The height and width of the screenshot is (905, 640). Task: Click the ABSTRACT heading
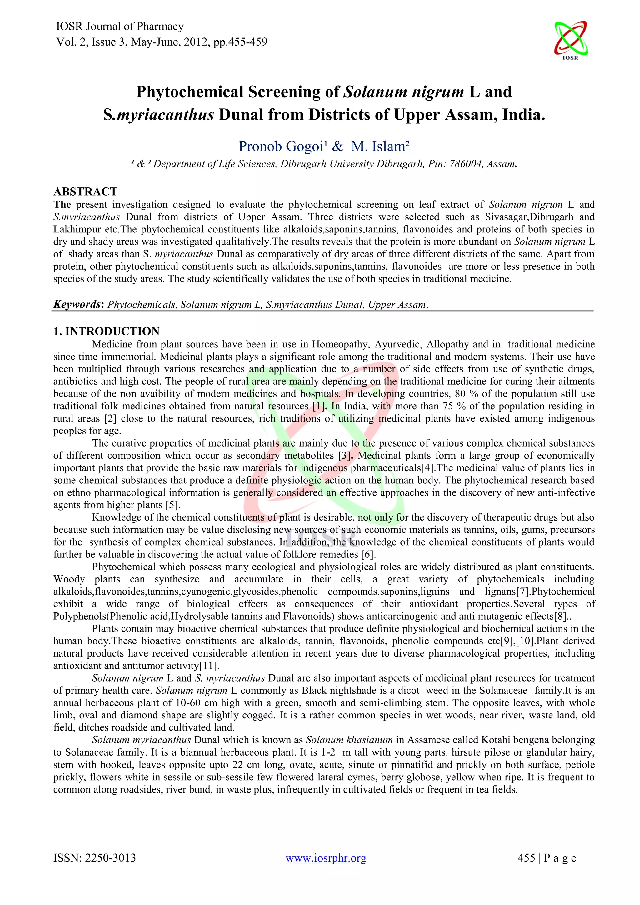pos(86,192)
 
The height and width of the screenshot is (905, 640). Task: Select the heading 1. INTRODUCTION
pos(106,331)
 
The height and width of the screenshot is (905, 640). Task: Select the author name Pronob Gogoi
pos(281,146)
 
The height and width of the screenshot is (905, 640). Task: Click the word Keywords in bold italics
pos(77,304)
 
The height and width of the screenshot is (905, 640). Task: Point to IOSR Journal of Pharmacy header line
pos(120,27)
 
